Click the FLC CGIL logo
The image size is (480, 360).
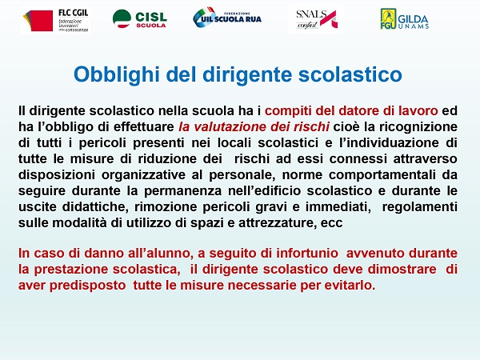55,20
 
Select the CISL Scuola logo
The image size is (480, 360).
139,19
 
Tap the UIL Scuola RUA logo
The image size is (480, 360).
227,17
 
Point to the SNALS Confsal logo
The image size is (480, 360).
316,19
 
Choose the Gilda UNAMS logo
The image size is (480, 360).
404,19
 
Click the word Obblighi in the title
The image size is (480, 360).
116,74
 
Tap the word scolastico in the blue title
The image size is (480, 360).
350,74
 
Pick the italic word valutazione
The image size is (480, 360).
238,126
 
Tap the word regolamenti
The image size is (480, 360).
420,206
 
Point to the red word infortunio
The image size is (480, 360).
307,253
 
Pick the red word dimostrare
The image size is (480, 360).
402,269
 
